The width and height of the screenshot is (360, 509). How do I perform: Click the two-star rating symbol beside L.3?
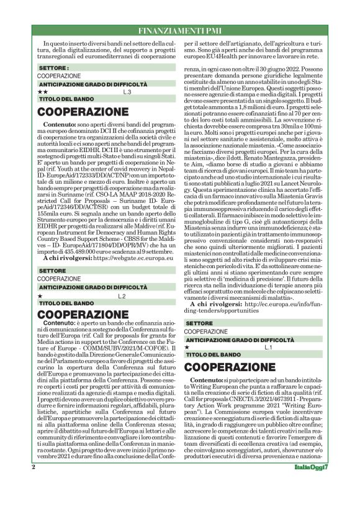click(42, 91)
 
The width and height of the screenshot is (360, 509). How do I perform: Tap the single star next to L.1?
click(188, 347)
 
